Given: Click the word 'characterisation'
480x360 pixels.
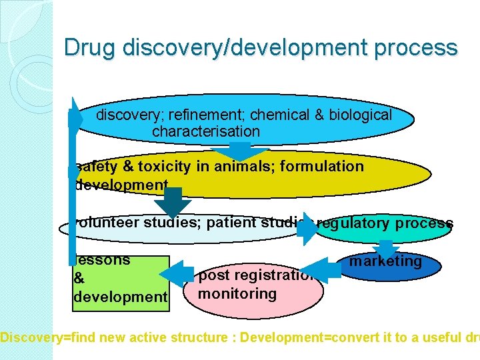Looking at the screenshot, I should coord(206,131).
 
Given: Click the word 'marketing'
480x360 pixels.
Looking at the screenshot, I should coord(386,261).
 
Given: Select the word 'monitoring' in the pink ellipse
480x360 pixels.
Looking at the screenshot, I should coord(237,294).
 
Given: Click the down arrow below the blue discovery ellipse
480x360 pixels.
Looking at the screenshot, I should coord(245,150).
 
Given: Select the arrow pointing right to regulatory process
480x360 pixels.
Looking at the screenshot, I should coord(307,230).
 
